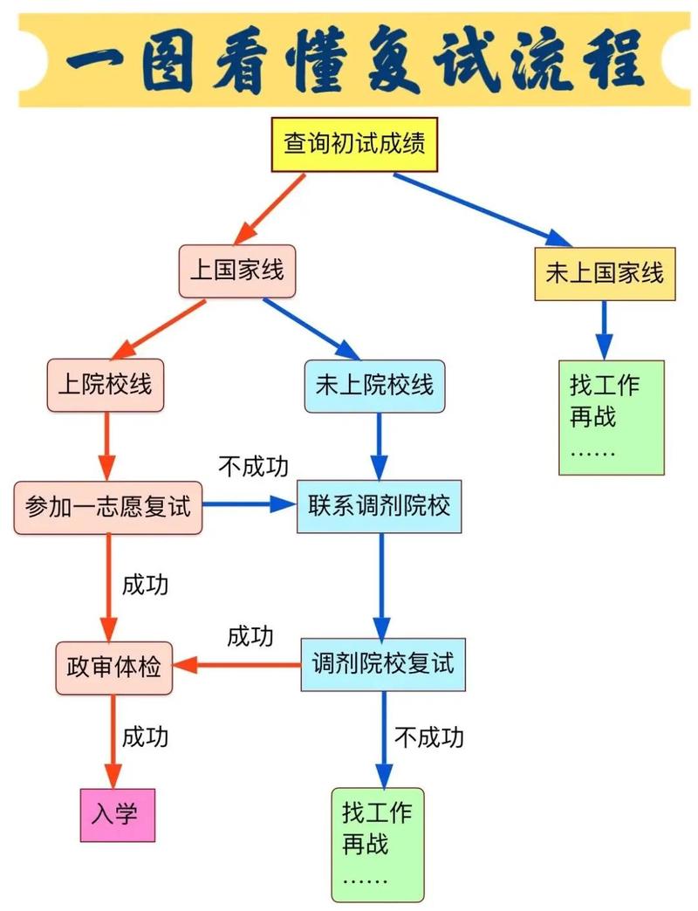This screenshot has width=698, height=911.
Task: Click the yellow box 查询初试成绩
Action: (354, 143)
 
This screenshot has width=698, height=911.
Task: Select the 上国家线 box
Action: (237, 271)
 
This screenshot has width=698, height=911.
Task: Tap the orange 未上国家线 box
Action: (605, 274)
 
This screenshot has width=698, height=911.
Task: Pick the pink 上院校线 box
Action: (105, 384)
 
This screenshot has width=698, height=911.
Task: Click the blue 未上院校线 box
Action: (374, 385)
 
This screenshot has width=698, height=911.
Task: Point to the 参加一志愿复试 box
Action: (108, 507)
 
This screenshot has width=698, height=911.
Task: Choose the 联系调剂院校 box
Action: (379, 506)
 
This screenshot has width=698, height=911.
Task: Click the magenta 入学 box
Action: (118, 815)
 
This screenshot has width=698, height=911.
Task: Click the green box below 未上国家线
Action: (612, 417)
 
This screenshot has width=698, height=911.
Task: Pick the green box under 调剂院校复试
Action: (378, 844)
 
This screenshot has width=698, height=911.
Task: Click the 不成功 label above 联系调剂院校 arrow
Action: (253, 467)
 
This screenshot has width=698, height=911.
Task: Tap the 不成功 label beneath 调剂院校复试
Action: (428, 738)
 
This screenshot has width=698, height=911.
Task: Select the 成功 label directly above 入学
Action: (145, 736)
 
